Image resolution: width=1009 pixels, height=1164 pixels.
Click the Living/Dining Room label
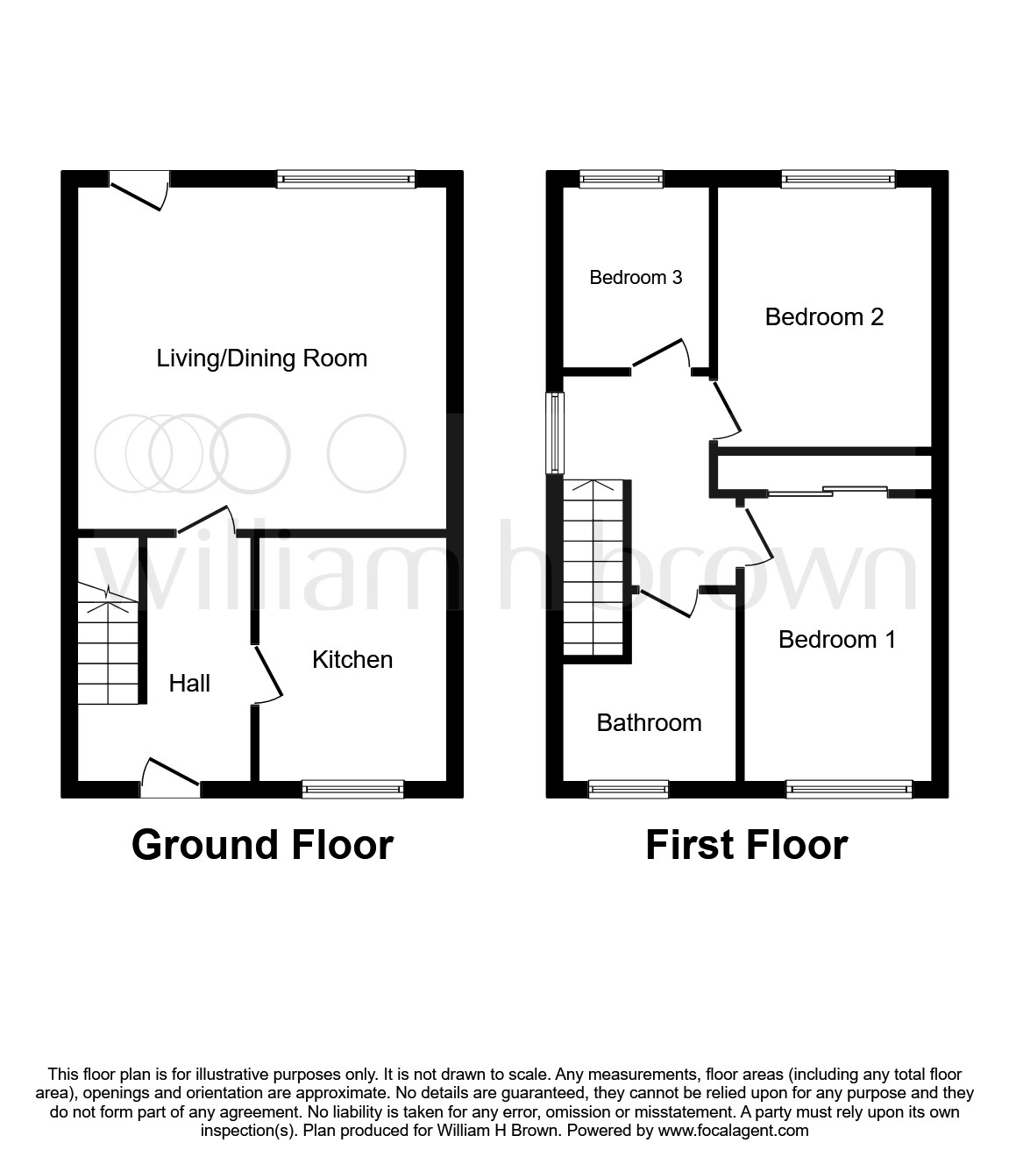point(261,358)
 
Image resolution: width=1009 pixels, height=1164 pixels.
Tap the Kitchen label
point(352,660)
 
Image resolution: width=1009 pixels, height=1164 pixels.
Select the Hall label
point(189,684)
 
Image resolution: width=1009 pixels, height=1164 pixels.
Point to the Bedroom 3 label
point(636,278)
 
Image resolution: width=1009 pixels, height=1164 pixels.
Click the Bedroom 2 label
point(824,317)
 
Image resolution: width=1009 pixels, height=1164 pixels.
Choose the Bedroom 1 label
point(836,640)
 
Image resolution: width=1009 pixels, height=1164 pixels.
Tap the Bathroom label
point(649,723)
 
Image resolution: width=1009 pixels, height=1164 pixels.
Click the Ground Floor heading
point(262,846)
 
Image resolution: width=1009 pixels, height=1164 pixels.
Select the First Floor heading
point(746,846)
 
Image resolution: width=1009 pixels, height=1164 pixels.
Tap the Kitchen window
point(352,790)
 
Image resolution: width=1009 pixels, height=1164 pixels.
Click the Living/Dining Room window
point(346,179)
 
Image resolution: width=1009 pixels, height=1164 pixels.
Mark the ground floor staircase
point(108,644)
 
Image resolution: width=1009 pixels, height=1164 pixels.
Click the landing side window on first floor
point(555,433)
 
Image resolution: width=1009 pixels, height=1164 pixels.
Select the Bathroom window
point(628,790)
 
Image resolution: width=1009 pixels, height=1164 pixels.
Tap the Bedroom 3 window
point(621,179)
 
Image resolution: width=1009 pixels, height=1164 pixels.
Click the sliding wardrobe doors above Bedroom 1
point(828,492)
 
